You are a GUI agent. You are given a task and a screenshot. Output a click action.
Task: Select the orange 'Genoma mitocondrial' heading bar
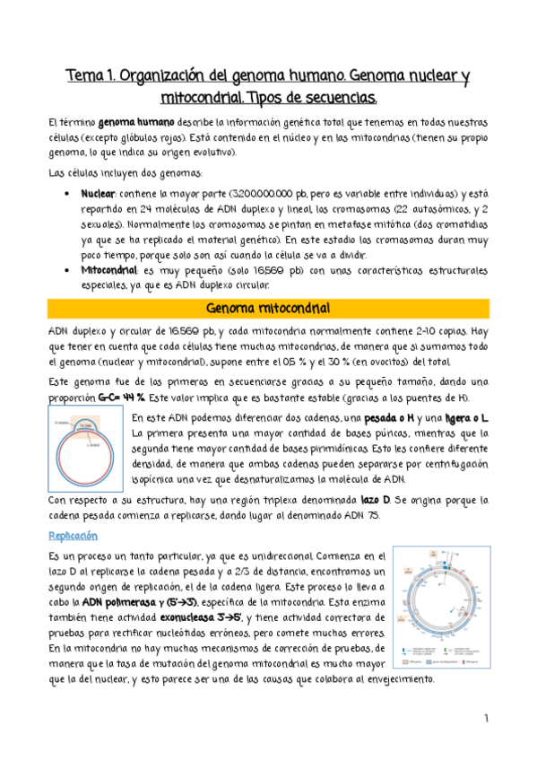pyautogui.click(x=267, y=309)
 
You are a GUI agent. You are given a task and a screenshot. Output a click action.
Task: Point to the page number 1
pyautogui.click(x=485, y=718)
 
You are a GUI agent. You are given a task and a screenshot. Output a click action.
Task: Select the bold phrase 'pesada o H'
pyautogui.click(x=395, y=418)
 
